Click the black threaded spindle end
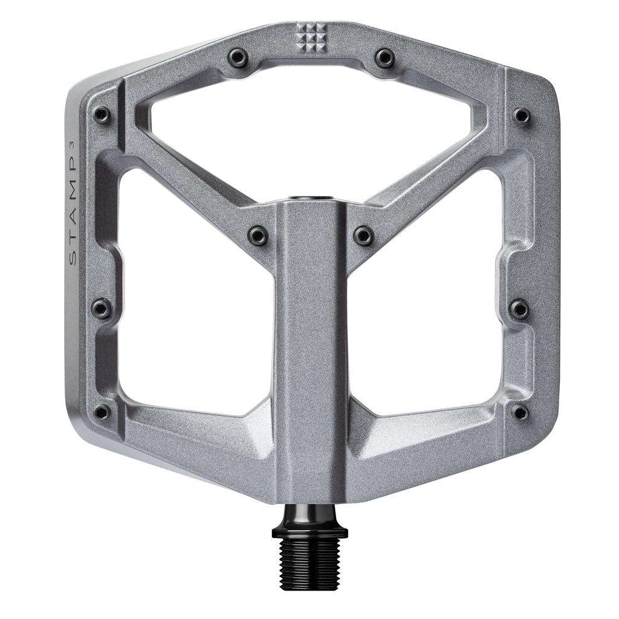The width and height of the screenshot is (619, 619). coord(309,562)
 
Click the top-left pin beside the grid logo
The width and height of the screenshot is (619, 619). coord(237,58)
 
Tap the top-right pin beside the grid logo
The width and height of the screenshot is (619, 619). coord(384,58)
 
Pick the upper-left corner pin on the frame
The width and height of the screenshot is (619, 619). coord(102,115)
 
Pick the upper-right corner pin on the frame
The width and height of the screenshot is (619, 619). coord(520,115)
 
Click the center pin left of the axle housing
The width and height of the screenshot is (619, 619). coord(258,235)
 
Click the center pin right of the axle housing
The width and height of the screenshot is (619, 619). coord(363,235)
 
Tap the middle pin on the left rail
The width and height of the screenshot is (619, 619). coord(102,309)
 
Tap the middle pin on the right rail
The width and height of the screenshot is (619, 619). coord(519,309)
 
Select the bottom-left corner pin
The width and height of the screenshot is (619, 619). coord(102,412)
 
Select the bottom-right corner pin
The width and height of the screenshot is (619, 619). coord(519,412)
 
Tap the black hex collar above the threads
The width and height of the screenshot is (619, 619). coord(309,525)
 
